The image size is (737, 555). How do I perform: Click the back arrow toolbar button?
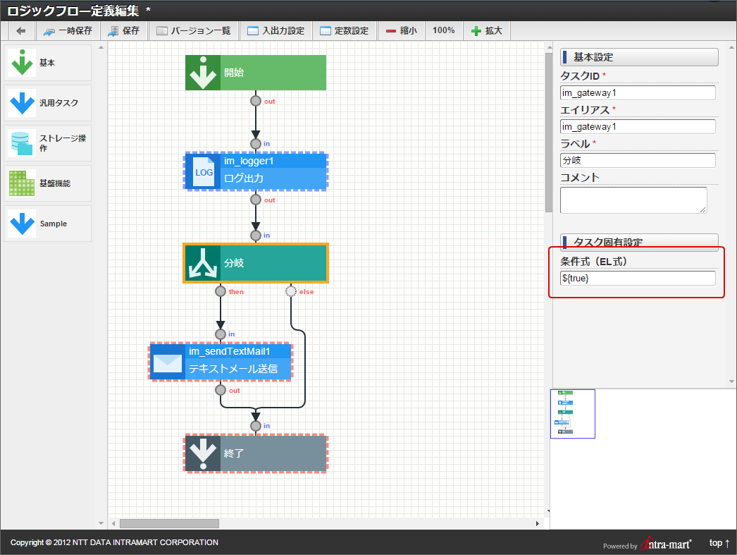(x=20, y=31)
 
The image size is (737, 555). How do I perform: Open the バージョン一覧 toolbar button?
(x=194, y=31)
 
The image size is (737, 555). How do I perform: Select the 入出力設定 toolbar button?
(x=276, y=31)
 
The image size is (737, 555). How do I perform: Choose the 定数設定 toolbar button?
(x=345, y=31)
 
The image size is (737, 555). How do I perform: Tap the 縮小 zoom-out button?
(x=402, y=31)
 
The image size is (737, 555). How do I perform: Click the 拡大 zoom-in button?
(x=487, y=31)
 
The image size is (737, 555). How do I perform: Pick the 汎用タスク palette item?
(x=47, y=103)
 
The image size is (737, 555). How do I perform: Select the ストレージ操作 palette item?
(x=47, y=143)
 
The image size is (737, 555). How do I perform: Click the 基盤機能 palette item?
(x=47, y=183)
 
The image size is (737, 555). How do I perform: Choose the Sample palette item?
(x=47, y=224)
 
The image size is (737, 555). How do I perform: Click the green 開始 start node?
(x=256, y=73)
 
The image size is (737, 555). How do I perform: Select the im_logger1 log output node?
(x=256, y=171)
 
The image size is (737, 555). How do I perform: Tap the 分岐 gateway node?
(x=256, y=263)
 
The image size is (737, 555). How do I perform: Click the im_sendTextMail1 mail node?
(x=221, y=361)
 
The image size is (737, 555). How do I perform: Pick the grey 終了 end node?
(x=256, y=453)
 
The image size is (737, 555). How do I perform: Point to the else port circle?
(x=291, y=292)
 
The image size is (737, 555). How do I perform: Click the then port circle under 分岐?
(x=221, y=292)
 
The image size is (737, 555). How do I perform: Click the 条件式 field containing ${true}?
(x=638, y=278)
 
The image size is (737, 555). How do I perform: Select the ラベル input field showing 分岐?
(x=638, y=160)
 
